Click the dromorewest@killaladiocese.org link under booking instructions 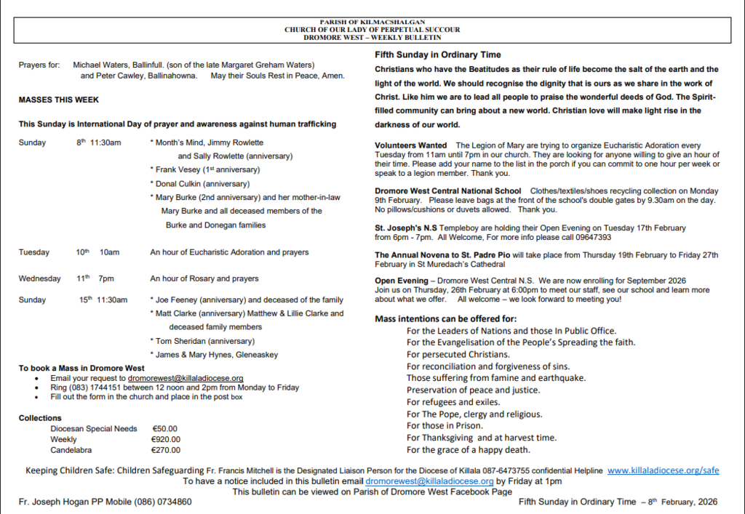pyautogui.click(x=186, y=378)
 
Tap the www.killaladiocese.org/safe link pyautogui.click(x=663, y=470)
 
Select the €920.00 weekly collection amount pyautogui.click(x=166, y=439)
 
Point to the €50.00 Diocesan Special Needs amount pyautogui.click(x=164, y=428)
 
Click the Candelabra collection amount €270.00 pyautogui.click(x=166, y=450)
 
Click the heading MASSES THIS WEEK pyautogui.click(x=59, y=100)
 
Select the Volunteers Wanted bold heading pyautogui.click(x=410, y=145)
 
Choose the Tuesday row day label pyautogui.click(x=34, y=252)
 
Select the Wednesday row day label pyautogui.click(x=40, y=278)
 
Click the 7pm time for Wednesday pyautogui.click(x=106, y=278)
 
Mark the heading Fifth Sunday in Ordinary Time pyautogui.click(x=437, y=55)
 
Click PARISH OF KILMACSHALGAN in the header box pyautogui.click(x=372, y=23)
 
